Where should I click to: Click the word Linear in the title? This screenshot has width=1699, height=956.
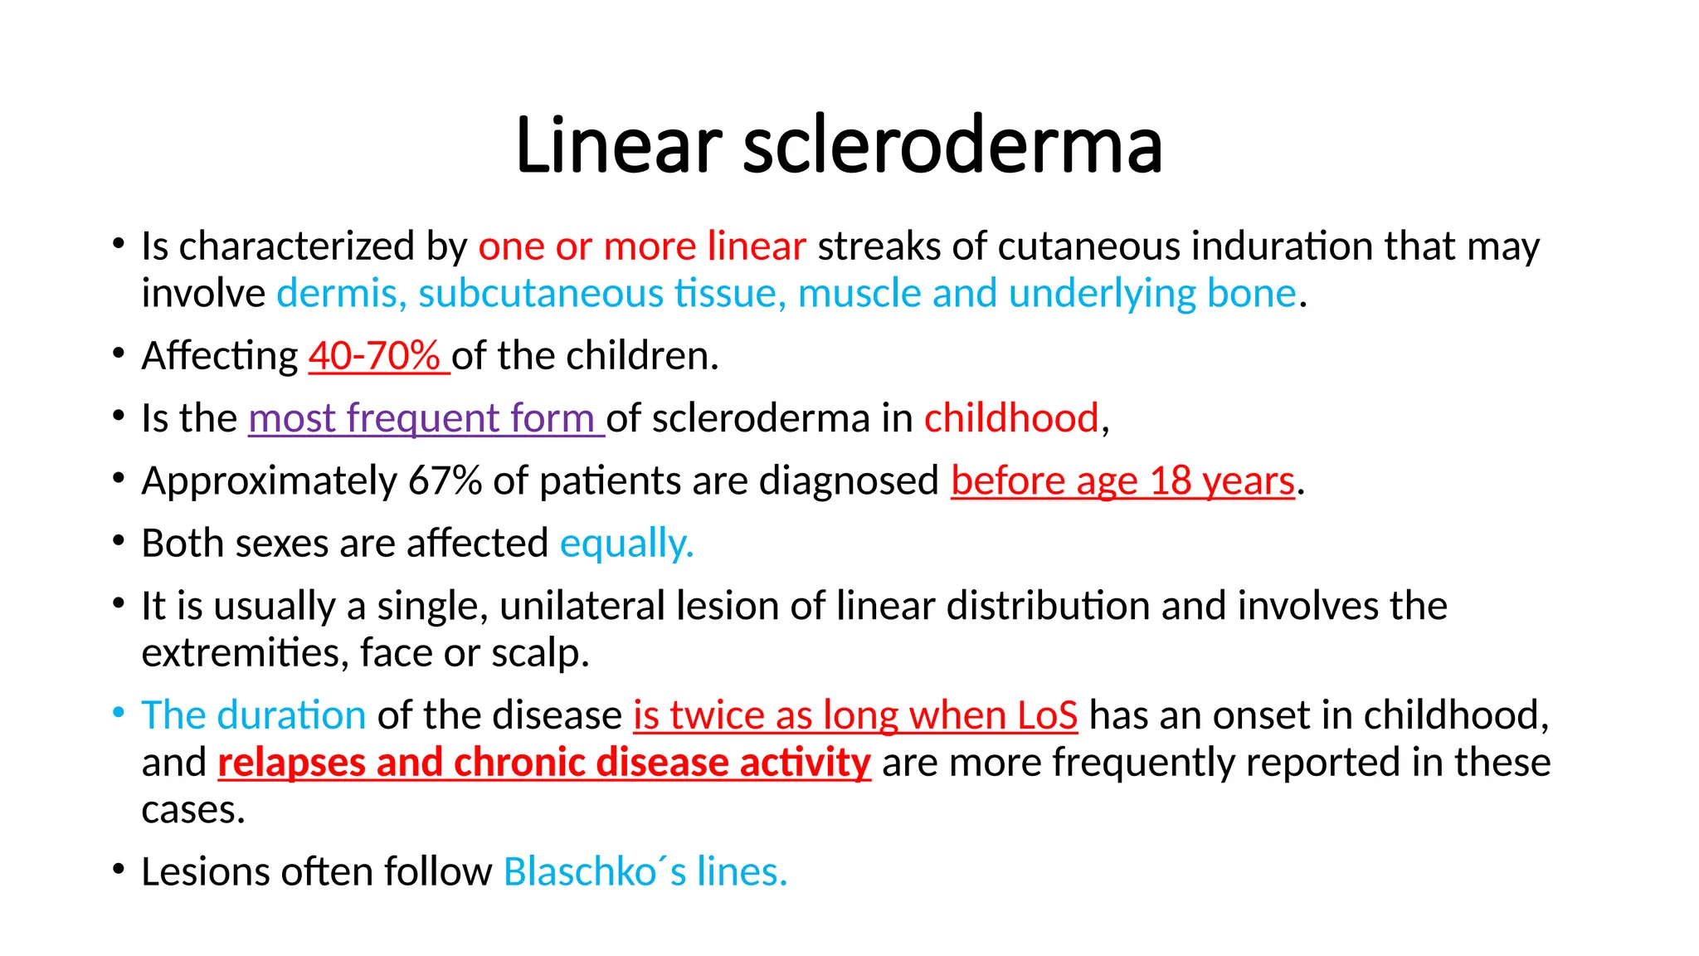(618, 145)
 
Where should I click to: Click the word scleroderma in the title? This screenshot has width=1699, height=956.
(952, 145)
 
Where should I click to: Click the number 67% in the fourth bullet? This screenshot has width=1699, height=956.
(445, 481)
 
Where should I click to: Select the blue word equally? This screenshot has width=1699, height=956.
(626, 544)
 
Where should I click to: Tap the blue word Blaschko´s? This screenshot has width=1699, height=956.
(594, 872)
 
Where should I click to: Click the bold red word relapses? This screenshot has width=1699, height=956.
(291, 763)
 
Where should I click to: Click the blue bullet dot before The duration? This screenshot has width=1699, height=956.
(119, 712)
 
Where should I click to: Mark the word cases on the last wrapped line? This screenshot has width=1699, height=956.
(193, 810)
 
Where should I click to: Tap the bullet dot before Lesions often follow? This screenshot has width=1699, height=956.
(119, 869)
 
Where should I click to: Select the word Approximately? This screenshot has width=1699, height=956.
(269, 481)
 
